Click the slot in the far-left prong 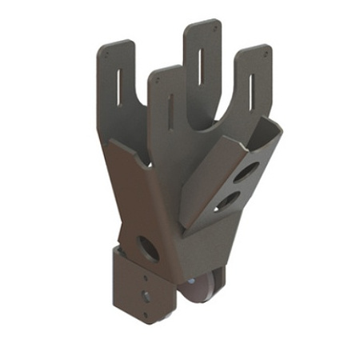click(x=120, y=81)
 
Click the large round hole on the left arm click(x=149, y=246)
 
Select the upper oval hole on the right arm click(x=247, y=172)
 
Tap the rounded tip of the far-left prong click(x=114, y=47)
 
